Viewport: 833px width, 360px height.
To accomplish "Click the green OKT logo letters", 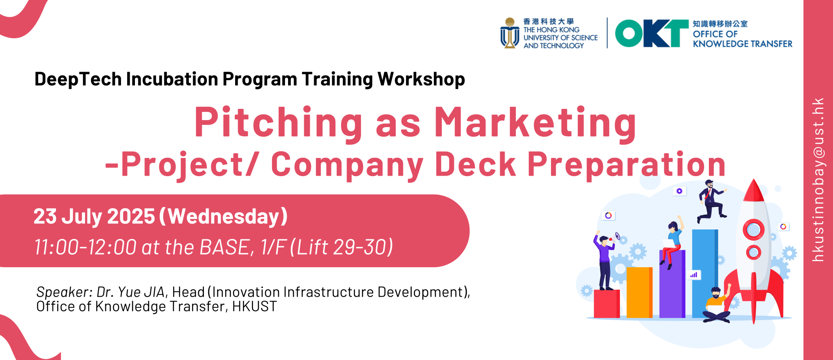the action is point(652,33).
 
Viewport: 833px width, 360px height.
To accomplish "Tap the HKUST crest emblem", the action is point(510,33).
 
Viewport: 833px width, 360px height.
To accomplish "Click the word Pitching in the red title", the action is point(278,123).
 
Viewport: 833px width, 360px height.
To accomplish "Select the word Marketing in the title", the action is point(535,123).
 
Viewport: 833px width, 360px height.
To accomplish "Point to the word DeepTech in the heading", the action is point(78,79).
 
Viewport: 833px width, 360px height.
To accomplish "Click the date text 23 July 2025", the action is point(94,216).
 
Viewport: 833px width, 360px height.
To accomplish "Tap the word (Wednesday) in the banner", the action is point(223,216).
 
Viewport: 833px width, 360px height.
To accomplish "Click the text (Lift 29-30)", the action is point(341,247).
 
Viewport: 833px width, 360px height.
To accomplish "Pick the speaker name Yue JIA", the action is point(141,292).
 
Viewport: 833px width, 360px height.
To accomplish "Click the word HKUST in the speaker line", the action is point(254,306).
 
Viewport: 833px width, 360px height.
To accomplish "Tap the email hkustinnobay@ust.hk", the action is point(818,180).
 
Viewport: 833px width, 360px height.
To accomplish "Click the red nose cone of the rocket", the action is point(754,190).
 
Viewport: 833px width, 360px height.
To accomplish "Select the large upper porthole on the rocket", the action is point(754,229).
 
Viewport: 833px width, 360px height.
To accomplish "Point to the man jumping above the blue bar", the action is point(711,201).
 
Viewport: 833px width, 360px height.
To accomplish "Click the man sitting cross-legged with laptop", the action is point(716,305).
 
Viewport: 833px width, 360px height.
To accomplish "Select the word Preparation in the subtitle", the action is point(626,165).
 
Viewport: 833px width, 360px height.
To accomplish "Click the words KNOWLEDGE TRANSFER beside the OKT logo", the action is point(742,44).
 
